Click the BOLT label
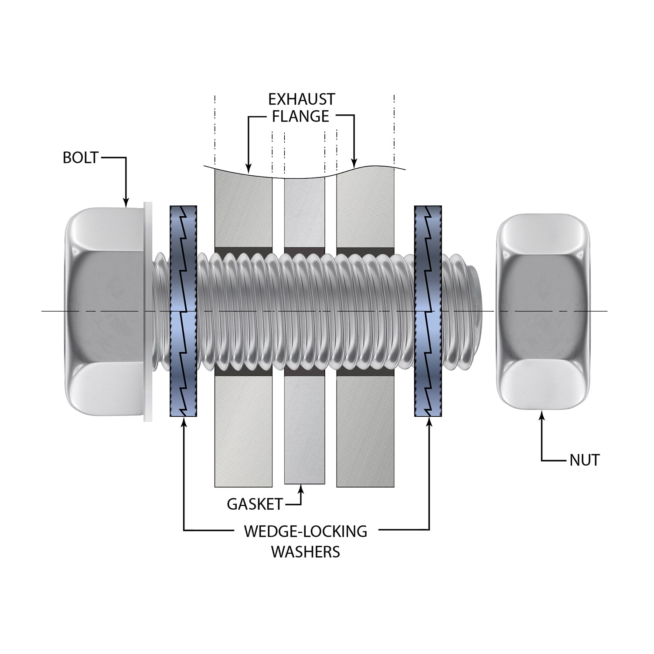pyautogui.click(x=81, y=157)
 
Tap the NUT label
pyautogui.click(x=584, y=460)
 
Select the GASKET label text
pyautogui.click(x=255, y=504)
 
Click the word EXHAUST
pyautogui.click(x=301, y=99)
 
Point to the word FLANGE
pyautogui.click(x=301, y=116)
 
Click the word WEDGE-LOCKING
pyautogui.click(x=305, y=531)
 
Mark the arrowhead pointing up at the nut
pyautogui.click(x=542, y=416)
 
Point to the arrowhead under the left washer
pyautogui.click(x=184, y=421)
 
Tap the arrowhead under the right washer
pyautogui.click(x=429, y=421)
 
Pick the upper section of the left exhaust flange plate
pyautogui.click(x=243, y=209)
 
